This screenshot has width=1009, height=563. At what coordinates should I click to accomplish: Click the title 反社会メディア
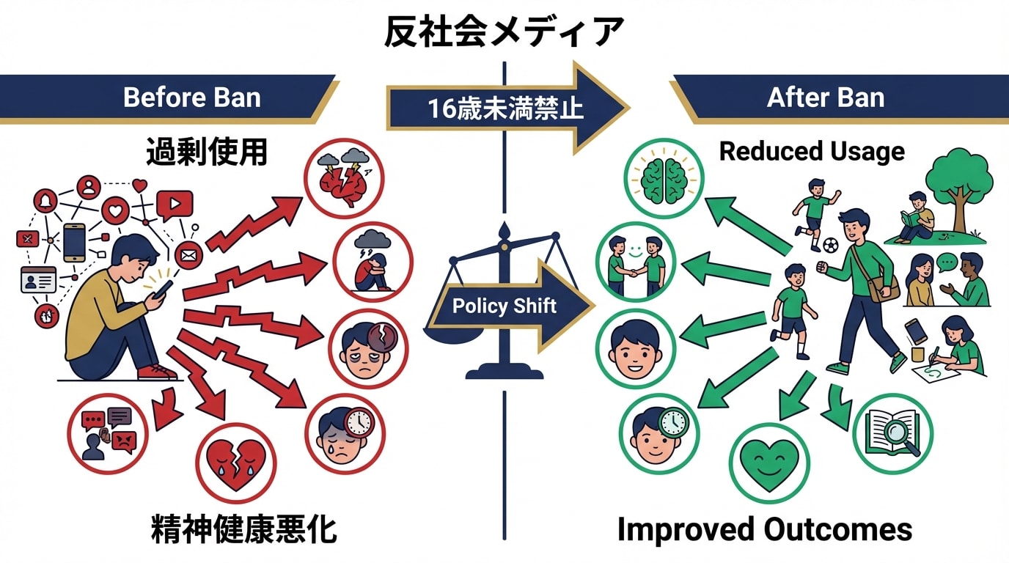click(504, 32)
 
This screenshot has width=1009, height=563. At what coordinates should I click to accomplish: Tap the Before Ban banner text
click(191, 97)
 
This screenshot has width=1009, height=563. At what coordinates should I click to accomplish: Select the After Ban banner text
click(825, 97)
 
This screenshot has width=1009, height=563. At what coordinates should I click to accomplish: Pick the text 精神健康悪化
click(244, 530)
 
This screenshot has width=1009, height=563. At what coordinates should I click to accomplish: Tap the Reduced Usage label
click(812, 151)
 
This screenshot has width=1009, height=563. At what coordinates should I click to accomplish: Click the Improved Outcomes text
click(765, 529)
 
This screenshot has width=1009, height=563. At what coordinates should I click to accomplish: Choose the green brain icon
click(664, 180)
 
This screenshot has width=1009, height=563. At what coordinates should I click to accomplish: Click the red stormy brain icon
click(344, 178)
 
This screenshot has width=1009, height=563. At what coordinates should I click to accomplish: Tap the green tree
click(958, 183)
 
